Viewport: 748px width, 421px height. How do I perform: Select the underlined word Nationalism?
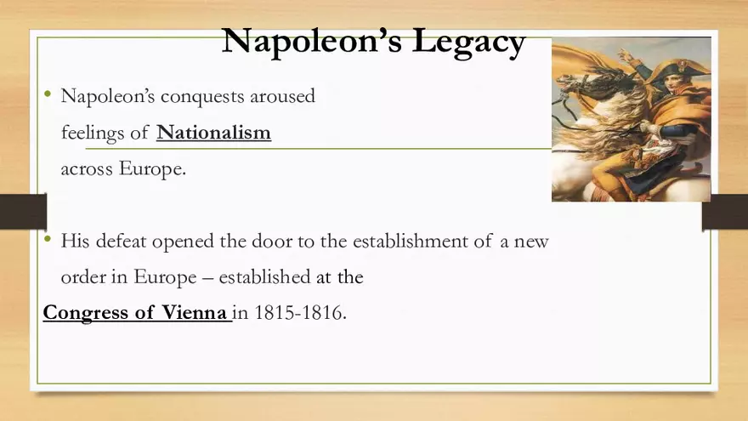[214, 132]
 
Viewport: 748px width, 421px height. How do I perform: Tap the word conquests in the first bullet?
[202, 96]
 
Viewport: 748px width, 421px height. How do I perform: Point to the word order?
[84, 277]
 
